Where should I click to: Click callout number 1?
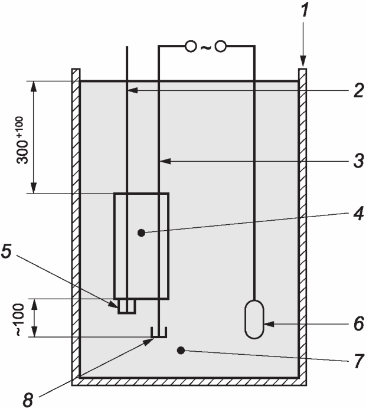click(x=305, y=10)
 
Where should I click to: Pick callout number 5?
click(x=6, y=251)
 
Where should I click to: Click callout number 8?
click(x=28, y=400)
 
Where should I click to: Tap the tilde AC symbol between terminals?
click(x=205, y=47)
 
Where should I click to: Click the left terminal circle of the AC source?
click(x=191, y=47)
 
